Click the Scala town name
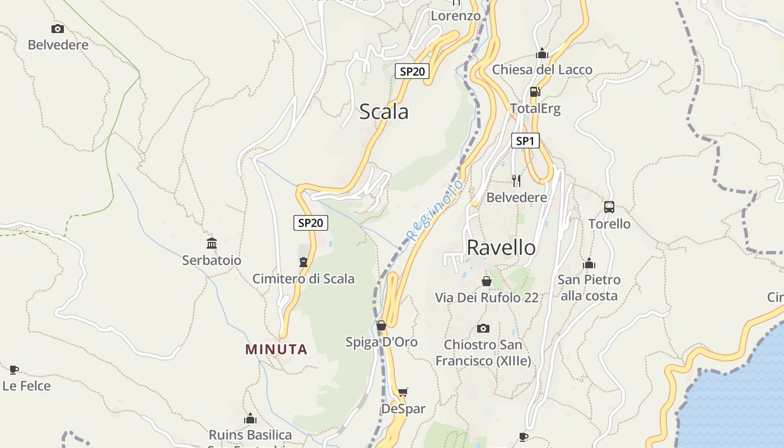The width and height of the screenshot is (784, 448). tap(384, 111)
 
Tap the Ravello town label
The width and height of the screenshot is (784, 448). tap(501, 247)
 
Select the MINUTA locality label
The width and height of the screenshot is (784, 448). tap(277, 349)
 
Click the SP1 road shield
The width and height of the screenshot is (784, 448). tap(525, 141)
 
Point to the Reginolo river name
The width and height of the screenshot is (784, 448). tap(436, 210)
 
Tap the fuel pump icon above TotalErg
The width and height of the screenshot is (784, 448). tap(535, 91)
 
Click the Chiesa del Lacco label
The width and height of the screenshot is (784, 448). tap(542, 70)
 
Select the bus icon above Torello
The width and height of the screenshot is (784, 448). tap(609, 207)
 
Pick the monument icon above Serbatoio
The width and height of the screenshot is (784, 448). tap(212, 243)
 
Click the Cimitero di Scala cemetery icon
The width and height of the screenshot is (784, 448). tap(304, 262)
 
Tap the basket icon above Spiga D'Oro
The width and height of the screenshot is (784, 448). tap(381, 325)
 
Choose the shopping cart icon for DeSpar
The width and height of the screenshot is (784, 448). tap(403, 392)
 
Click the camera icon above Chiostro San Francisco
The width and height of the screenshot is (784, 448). tap(483, 328)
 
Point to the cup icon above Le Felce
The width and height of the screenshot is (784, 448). tap(14, 369)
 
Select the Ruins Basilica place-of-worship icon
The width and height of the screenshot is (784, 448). tap(250, 418)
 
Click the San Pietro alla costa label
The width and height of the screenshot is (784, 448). tap(589, 287)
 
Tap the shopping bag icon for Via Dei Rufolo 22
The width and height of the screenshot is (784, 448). tap(487, 281)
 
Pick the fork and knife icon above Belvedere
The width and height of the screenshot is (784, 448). tap(516, 180)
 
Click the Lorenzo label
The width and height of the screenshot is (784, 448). tap(455, 16)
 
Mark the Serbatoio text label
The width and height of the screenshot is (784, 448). tap(212, 260)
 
